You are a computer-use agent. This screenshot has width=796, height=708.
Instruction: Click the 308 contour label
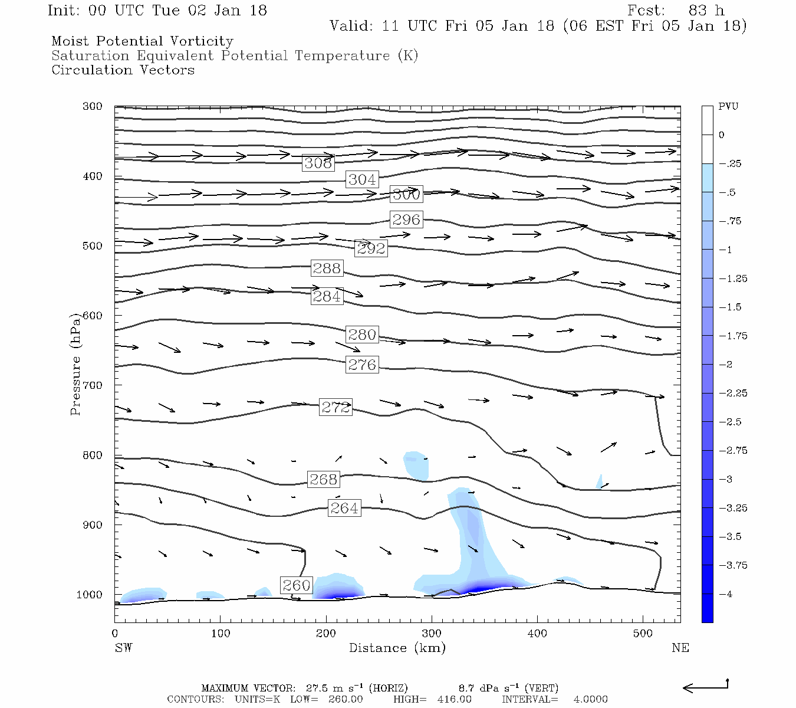[x=318, y=163]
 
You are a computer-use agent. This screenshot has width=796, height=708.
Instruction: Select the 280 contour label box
[x=362, y=335]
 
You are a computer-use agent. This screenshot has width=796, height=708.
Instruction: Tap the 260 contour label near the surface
[x=296, y=585]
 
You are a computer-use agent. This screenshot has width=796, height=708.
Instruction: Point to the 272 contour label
[x=335, y=407]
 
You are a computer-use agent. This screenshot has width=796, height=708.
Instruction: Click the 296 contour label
[x=406, y=219]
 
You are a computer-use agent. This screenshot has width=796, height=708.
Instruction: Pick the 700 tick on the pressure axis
[x=93, y=385]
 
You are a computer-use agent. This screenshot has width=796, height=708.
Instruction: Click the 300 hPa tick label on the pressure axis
[x=93, y=106]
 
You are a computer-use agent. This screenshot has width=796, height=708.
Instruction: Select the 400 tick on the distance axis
[x=537, y=633]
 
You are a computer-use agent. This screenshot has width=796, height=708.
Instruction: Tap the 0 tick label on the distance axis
[x=115, y=633]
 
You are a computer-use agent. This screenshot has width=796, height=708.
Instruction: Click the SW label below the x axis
[x=123, y=648]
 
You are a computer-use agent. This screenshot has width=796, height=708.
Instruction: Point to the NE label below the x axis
[x=680, y=648]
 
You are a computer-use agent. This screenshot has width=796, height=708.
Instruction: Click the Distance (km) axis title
[x=397, y=648]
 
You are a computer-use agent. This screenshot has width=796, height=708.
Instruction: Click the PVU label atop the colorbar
[x=728, y=107]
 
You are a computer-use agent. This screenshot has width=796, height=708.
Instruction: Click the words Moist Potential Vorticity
[x=142, y=41]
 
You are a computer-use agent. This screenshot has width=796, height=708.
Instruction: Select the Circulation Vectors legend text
[x=123, y=70]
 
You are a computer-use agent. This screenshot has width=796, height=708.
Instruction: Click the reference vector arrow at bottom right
[x=706, y=687]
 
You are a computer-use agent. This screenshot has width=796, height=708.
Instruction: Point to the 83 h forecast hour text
[x=706, y=11]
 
